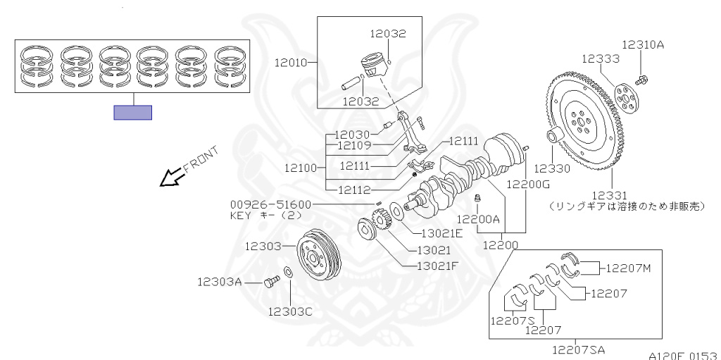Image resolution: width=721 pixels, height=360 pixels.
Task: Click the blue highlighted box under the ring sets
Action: coord(133,112)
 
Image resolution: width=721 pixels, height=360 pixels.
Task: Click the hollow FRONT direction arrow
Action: coord(171,178)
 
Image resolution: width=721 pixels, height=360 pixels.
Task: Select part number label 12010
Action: coord(291,62)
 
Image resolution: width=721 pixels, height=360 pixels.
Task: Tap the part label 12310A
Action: coord(643,44)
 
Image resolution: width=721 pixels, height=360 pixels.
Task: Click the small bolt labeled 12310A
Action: coord(641,80)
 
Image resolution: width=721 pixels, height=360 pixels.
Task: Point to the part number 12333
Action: coord(601,58)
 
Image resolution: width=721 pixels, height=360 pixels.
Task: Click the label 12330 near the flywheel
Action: coord(552,168)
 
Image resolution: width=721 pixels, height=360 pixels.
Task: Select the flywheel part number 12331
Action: coord(610,196)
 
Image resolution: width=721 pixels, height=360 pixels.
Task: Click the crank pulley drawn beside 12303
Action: coord(318,259)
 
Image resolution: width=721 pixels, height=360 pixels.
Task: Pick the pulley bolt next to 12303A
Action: coord(272,281)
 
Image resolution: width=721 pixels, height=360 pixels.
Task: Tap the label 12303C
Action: coord(290,311)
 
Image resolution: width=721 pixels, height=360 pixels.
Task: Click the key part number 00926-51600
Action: coord(270,204)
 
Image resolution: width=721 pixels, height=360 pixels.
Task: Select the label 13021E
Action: coord(439,233)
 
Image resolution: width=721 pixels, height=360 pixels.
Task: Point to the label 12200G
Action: coord(528,185)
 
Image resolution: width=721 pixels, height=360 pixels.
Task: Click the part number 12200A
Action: coord(478,219)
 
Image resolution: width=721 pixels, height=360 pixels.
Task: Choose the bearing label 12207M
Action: coord(629,268)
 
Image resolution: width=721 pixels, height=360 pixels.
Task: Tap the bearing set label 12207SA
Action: coord(578,349)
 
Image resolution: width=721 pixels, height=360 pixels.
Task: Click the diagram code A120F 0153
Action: coord(684,355)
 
